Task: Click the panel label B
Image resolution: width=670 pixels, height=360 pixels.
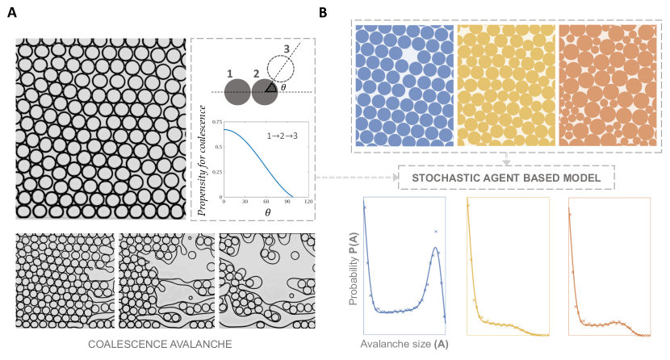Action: tap(323, 14)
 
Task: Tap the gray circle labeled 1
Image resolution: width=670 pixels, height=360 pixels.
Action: tap(237, 91)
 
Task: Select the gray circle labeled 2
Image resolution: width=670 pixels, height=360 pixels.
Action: tap(265, 91)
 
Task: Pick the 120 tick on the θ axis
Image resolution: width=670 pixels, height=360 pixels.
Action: tap(308, 200)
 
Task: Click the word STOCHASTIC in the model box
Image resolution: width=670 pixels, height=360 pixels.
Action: tap(448, 177)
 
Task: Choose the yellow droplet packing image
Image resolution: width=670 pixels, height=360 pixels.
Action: tap(506, 85)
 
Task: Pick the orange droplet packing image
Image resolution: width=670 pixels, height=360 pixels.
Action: tap(608, 85)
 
